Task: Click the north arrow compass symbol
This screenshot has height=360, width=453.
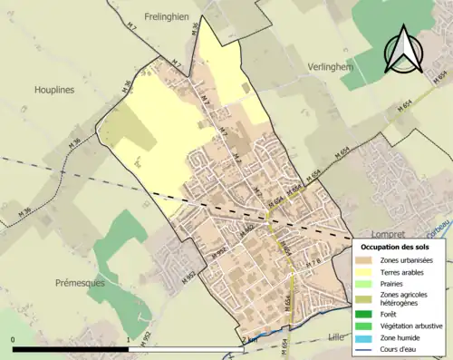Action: click(403, 50)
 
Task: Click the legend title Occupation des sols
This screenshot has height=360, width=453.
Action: click(394, 247)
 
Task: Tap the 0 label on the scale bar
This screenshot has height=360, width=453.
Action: click(14, 340)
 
